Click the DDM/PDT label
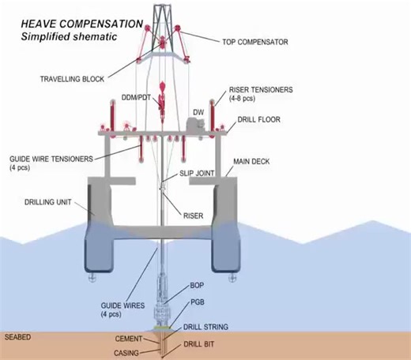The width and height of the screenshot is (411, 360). point(135,97)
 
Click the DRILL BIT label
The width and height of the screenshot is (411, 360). point(202,344)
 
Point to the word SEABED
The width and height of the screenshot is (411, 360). point(17,337)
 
